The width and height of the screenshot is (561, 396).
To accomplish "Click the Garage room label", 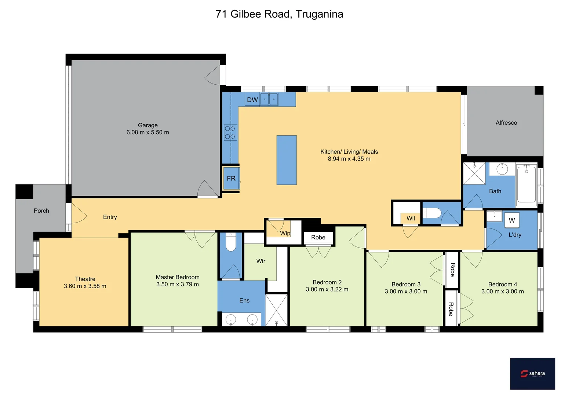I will tap(147, 125).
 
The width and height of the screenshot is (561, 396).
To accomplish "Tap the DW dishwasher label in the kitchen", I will tap(252, 100).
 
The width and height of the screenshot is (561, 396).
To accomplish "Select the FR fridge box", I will tap(231, 179).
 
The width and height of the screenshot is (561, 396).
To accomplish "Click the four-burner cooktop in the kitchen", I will tap(230, 133).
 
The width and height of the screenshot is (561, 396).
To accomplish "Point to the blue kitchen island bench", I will tap(286, 160).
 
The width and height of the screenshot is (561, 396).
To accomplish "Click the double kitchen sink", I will tap(269, 99).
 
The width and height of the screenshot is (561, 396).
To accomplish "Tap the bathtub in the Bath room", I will tap(527, 184).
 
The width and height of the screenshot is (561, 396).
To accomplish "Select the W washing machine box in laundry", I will tap(511, 220).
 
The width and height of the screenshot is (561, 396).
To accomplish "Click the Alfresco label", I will tap(506, 123).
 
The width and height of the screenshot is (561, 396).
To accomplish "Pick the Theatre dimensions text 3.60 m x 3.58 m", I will tap(85, 286).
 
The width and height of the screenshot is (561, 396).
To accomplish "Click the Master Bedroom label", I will tap(178, 277).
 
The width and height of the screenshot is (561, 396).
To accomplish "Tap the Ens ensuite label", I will tap(244, 301).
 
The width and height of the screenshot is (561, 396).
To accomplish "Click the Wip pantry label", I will tap(285, 233).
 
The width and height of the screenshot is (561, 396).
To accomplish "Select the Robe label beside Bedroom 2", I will tap(318, 238).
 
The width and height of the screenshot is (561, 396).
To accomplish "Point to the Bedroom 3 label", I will tap(406, 285).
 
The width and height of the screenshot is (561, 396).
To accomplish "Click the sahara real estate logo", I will tap(532, 374).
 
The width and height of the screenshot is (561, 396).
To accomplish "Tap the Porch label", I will tap(41, 211).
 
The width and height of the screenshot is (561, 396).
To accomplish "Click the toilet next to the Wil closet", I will tap(432, 213).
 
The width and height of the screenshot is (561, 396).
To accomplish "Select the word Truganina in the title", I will tap(319, 14).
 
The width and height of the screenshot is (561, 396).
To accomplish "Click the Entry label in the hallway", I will tap(110, 217).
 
